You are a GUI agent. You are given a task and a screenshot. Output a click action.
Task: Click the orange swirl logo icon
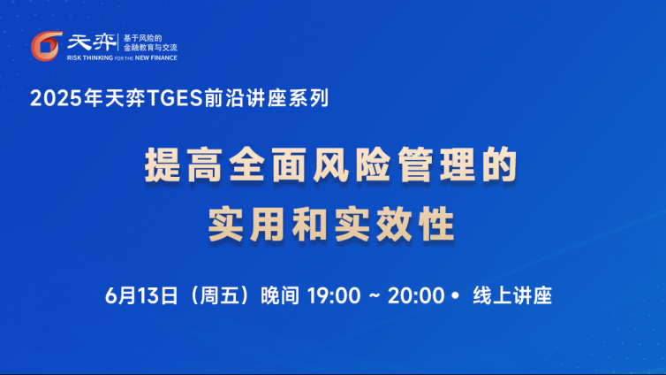click(46, 46)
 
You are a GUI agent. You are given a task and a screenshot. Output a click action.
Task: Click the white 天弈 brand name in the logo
click(91, 42)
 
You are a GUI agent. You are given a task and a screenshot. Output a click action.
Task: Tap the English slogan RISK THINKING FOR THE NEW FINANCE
click(122, 57)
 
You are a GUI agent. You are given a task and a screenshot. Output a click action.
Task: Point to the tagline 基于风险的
click(143, 38)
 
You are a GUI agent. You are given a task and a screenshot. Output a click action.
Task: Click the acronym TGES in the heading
click(174, 98)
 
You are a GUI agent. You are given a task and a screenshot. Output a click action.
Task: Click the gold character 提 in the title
click(163, 165)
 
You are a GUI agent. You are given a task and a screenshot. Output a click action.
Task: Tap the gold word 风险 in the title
click(352, 165)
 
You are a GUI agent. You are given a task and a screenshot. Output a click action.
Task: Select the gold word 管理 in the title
click(436, 165)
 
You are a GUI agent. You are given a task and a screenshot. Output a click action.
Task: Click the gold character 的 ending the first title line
click(499, 165)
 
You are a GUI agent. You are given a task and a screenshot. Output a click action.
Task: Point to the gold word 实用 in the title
click(246, 224)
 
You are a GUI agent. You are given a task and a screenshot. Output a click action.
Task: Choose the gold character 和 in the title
click(310, 224)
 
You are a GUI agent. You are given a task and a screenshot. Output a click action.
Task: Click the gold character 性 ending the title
click(436, 224)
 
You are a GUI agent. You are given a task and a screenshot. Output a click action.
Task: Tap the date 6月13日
click(141, 295)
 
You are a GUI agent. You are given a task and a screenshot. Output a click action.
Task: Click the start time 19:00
click(334, 295)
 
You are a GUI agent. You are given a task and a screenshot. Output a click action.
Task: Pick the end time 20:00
click(416, 295)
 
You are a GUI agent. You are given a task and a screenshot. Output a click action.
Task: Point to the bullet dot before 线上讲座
click(455, 295)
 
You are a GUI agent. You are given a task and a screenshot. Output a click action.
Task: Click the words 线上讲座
click(512, 295)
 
